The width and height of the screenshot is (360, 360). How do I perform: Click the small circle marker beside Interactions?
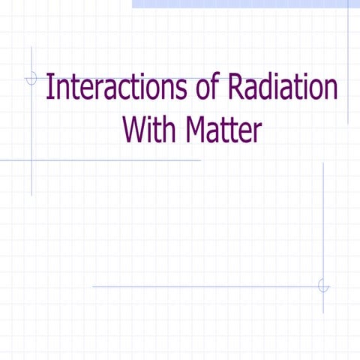31,77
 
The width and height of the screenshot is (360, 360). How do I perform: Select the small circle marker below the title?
323,286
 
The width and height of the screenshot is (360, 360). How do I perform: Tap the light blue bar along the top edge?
240,4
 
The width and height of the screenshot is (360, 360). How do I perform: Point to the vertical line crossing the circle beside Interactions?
31,150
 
